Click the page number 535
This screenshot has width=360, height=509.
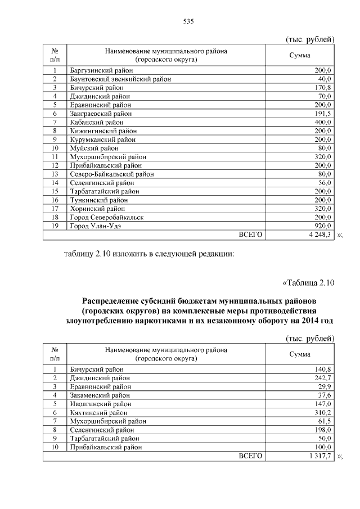(x=188, y=21)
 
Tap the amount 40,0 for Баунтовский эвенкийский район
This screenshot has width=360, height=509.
(x=323, y=79)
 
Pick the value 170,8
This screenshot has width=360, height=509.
(x=322, y=88)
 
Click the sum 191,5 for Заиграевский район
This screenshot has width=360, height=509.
(x=322, y=113)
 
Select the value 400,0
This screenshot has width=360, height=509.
(x=322, y=122)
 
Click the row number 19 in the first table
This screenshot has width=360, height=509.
(x=55, y=226)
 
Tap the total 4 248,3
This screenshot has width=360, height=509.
(x=319, y=235)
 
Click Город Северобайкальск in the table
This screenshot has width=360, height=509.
(x=106, y=217)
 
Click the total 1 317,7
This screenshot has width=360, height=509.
(x=319, y=456)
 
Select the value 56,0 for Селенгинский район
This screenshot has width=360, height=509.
(x=323, y=183)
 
